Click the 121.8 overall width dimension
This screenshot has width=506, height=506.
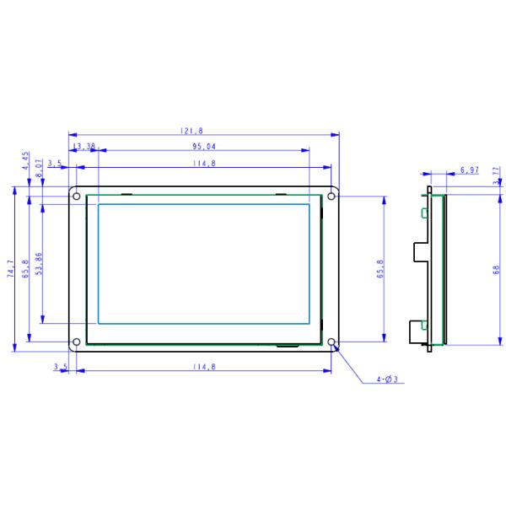[x=191, y=131]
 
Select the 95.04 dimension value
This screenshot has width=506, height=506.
[x=205, y=146]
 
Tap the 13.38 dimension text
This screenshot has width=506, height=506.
[x=84, y=146]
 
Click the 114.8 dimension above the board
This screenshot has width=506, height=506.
[x=203, y=163]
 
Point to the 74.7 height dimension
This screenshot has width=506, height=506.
[x=11, y=268]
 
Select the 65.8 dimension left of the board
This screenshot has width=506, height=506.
[x=25, y=268]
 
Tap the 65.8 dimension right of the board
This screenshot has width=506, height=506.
[x=380, y=268]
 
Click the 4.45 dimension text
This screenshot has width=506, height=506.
[x=26, y=160]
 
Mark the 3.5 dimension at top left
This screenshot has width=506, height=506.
[x=55, y=163]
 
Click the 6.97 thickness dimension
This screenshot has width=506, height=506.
[x=470, y=170]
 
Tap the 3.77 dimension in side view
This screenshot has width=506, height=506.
[x=495, y=174]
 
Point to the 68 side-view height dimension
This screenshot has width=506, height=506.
[x=496, y=269]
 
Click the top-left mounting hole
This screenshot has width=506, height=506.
[x=77, y=196]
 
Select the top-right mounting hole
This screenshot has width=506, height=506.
[x=331, y=196]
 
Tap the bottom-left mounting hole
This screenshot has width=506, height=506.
[x=77, y=342]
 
